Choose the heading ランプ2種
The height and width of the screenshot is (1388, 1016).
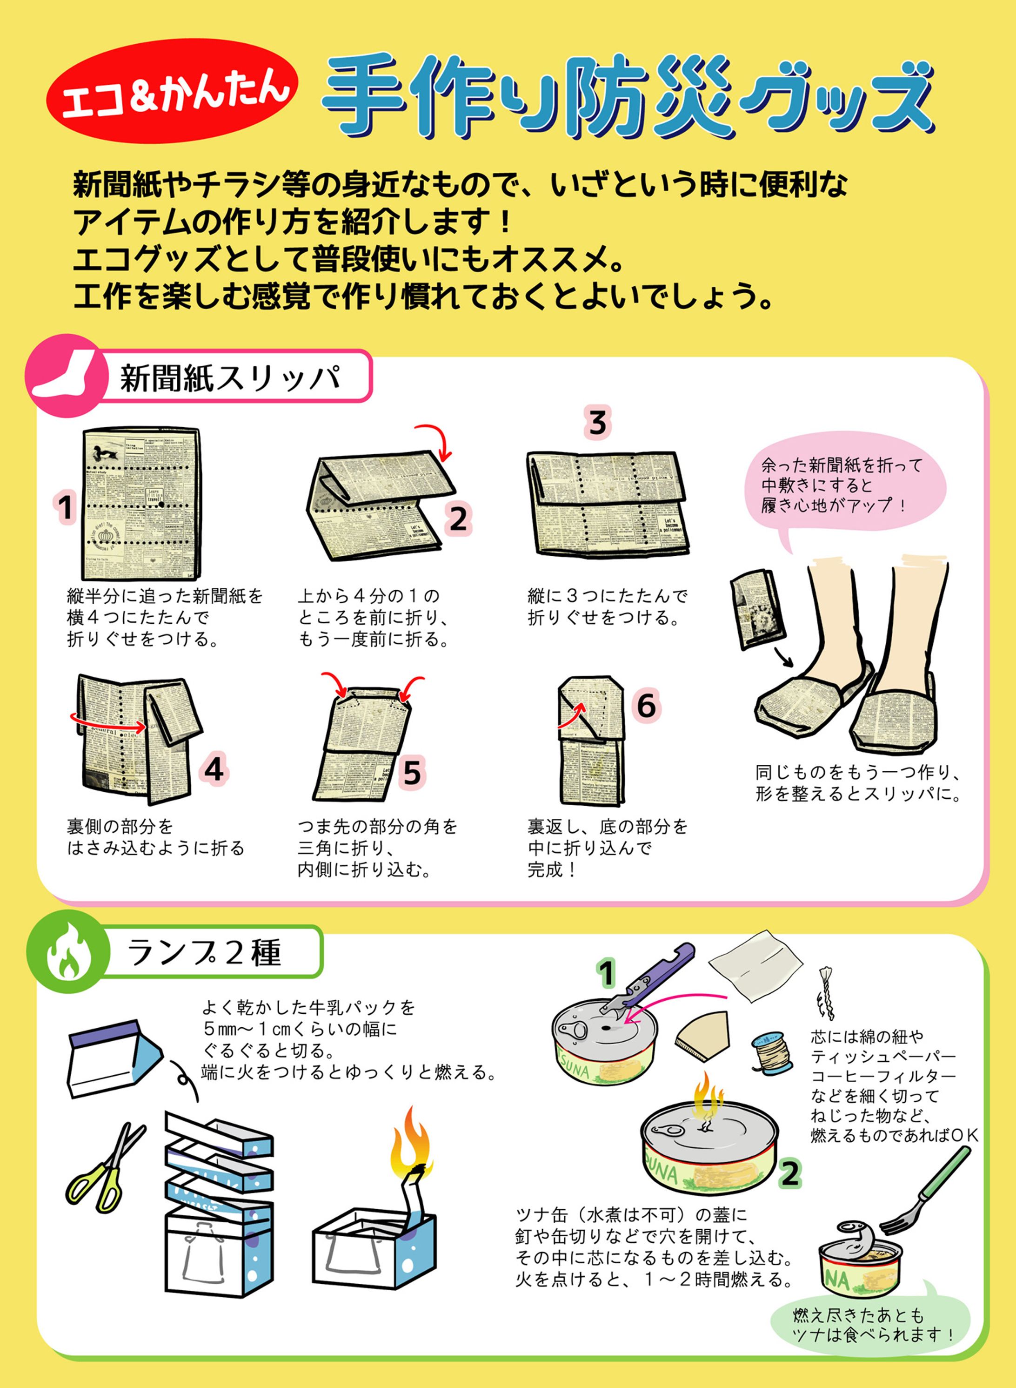(204, 952)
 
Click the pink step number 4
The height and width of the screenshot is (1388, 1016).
(214, 770)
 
